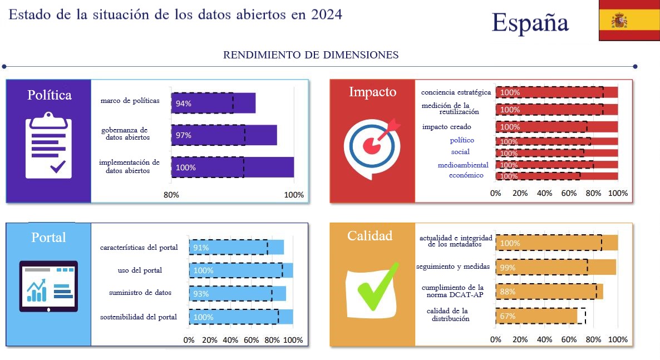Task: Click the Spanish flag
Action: click(629, 21)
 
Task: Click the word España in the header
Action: click(530, 22)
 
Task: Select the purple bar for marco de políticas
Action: click(213, 103)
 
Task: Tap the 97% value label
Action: click(184, 135)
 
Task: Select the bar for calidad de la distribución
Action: click(536, 316)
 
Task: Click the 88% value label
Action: click(508, 292)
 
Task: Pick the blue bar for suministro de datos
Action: click(238, 293)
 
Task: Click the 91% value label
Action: click(201, 248)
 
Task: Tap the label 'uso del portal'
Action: click(140, 270)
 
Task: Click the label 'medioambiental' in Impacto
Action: click(463, 165)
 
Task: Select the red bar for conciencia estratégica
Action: click(556, 92)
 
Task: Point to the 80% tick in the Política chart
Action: click(171, 195)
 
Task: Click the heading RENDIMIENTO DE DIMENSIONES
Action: click(311, 55)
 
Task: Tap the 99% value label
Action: click(508, 268)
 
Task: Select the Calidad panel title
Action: click(370, 235)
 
